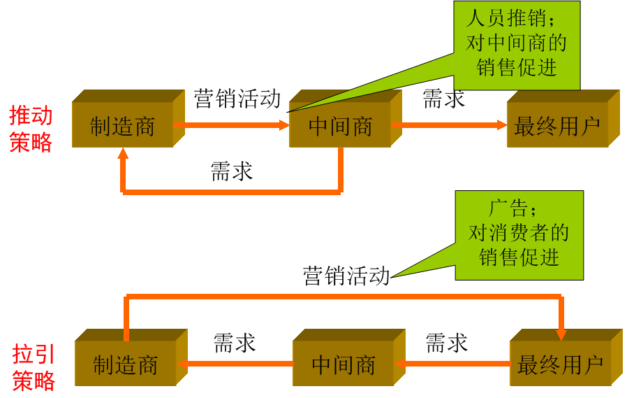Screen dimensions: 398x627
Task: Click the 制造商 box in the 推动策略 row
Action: pyautogui.click(x=122, y=125)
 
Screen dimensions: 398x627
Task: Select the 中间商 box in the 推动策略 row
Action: pyautogui.click(x=340, y=125)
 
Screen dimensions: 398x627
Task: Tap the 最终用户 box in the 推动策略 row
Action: pyautogui.click(x=557, y=125)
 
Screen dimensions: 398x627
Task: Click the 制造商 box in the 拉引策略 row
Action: pyautogui.click(x=126, y=364)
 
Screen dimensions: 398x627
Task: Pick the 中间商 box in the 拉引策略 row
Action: pyautogui.click(x=344, y=364)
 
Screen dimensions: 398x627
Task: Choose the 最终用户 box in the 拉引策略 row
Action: pyautogui.click(x=561, y=364)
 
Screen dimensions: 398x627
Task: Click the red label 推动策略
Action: pyautogui.click(x=31, y=129)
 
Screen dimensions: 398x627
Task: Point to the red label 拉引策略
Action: pyautogui.click(x=34, y=367)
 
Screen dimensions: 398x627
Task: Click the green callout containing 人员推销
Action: pyautogui.click(x=517, y=45)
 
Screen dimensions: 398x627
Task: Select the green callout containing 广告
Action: pyautogui.click(x=519, y=235)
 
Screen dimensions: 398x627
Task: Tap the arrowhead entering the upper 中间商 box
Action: pyautogui.click(x=284, y=125)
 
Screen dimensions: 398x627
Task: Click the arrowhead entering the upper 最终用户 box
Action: pyautogui.click(x=502, y=125)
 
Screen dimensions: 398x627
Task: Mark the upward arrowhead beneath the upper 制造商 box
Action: pyautogui.click(x=123, y=153)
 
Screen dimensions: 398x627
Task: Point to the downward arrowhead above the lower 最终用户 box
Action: pyautogui.click(x=561, y=334)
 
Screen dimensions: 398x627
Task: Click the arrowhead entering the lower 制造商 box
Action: pyautogui.click(x=182, y=364)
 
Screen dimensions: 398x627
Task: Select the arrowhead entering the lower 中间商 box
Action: pyautogui.click(x=400, y=364)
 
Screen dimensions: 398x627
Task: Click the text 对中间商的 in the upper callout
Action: pyautogui.click(x=517, y=43)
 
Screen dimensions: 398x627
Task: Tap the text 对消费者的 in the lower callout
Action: pyautogui.click(x=519, y=232)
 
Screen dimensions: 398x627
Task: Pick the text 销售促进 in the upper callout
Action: pyautogui.click(x=517, y=67)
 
